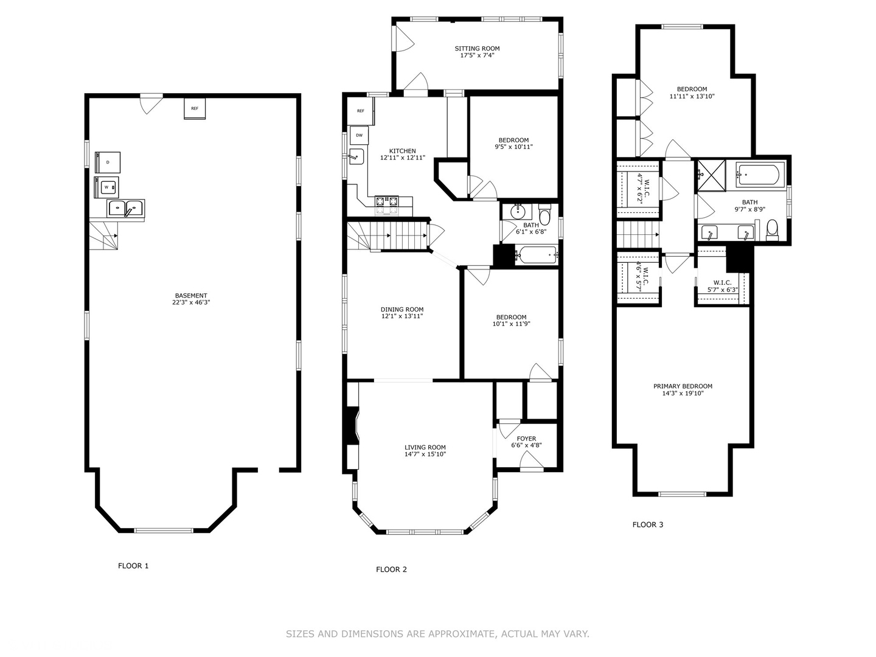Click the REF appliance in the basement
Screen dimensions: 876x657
pyautogui.click(x=194, y=108)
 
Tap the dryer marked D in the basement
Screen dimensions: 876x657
pyautogui.click(x=108, y=162)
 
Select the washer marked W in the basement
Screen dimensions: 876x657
pyautogui.click(x=106, y=187)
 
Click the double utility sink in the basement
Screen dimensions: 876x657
pyautogui.click(x=126, y=208)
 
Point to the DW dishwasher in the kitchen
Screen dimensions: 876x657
pyautogui.click(x=359, y=135)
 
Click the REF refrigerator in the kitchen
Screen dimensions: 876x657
pyautogui.click(x=361, y=111)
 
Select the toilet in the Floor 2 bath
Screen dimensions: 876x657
pyautogui.click(x=544, y=215)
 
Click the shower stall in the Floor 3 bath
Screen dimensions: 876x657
pyautogui.click(x=711, y=176)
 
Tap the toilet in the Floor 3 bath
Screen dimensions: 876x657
pyautogui.click(x=773, y=230)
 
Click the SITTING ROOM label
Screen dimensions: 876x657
pyautogui.click(x=478, y=49)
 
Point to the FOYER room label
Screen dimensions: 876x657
pyautogui.click(x=526, y=439)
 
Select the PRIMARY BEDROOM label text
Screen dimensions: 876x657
pyautogui.click(x=683, y=386)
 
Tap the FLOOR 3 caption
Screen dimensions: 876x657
pyautogui.click(x=648, y=524)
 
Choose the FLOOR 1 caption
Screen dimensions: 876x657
pyautogui.click(x=133, y=566)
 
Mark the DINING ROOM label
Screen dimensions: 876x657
pyautogui.click(x=402, y=310)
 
